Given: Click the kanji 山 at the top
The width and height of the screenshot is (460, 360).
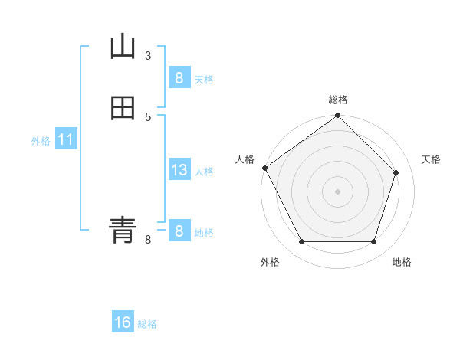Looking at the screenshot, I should click(x=123, y=47).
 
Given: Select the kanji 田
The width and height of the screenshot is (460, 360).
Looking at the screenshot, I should click(x=123, y=109).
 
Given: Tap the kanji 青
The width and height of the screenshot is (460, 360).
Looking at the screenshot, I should click(x=123, y=229).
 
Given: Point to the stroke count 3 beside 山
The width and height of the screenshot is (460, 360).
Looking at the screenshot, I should click(x=148, y=55).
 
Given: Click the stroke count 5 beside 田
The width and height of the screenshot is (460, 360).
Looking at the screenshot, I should click(x=148, y=116).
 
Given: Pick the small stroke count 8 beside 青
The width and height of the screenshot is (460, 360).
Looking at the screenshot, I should click(x=148, y=240).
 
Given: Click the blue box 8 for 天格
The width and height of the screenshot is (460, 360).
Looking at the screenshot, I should click(x=179, y=77).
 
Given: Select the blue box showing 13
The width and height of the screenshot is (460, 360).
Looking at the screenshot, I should click(x=179, y=170).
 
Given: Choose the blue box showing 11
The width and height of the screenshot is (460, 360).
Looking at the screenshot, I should click(x=66, y=140).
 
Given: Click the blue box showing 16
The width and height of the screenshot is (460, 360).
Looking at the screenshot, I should click(x=123, y=322).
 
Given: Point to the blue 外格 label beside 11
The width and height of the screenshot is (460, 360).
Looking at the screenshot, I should click(x=41, y=141).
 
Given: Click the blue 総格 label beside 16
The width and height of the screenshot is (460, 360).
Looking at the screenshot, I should click(x=147, y=324).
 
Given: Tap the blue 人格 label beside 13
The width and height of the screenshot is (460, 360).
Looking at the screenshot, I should click(x=204, y=172).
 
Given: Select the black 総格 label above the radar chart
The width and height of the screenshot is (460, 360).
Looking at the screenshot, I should click(x=338, y=100).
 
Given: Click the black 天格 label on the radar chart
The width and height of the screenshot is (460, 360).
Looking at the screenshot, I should click(x=431, y=159).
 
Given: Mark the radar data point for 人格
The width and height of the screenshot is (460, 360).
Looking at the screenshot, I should click(x=265, y=168).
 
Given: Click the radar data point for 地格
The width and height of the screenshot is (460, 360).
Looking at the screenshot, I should click(x=373, y=241).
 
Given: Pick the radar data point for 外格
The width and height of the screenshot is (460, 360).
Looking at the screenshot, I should click(x=301, y=241).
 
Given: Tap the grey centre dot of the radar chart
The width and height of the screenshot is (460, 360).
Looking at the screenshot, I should click(x=337, y=191).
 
